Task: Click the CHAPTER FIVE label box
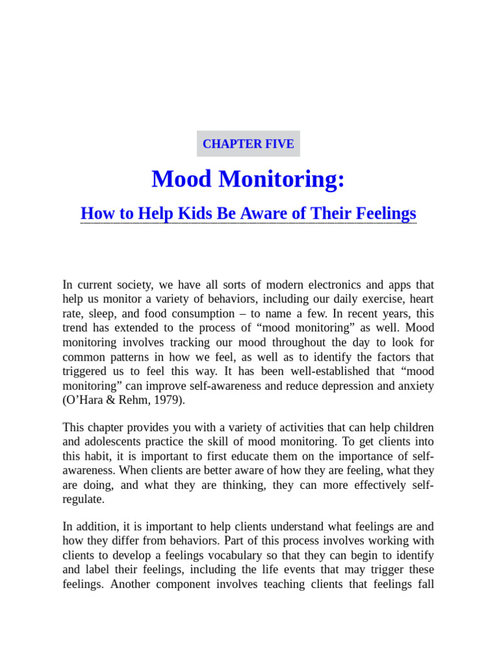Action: [x=248, y=144]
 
